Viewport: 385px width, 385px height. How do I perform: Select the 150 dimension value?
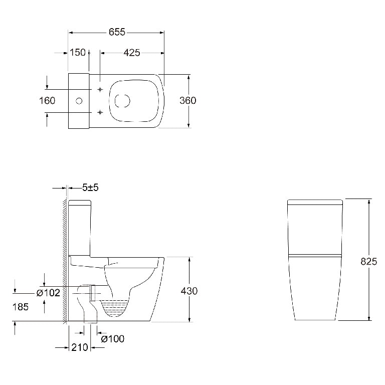coord(77,53)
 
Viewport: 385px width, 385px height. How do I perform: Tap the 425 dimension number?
coord(131,53)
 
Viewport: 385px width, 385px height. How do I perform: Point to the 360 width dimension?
coord(187,100)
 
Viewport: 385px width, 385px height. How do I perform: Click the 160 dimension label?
coord(47,101)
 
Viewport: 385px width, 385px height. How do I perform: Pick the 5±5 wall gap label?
coord(90,187)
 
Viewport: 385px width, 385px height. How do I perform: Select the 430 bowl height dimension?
coord(188,291)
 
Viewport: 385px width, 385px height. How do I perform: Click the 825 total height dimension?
coord(368,261)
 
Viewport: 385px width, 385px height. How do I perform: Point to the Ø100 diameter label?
coord(112,339)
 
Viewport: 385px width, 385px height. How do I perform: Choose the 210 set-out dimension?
coord(80,347)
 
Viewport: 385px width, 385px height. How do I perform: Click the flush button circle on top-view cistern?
coord(79,101)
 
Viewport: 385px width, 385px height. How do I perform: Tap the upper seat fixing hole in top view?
coord(100,89)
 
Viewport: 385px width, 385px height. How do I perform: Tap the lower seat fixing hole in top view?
coord(100,111)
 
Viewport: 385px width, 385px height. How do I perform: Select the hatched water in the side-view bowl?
coord(117,307)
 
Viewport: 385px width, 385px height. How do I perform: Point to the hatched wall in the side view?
coord(65,261)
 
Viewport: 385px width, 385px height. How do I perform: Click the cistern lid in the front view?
coord(315,203)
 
